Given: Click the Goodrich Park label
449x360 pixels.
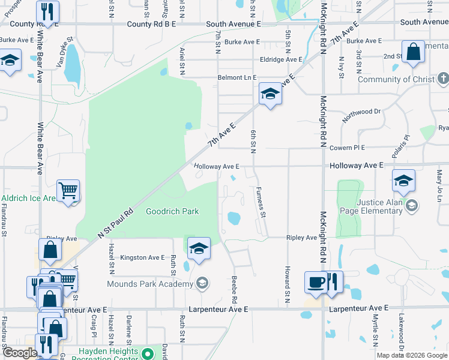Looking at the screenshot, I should click(172, 211).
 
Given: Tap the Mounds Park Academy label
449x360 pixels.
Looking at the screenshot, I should click(150, 284).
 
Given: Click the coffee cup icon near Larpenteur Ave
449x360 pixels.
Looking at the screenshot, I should click(316, 282).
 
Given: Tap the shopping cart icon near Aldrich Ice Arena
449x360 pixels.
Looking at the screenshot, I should click(68, 191).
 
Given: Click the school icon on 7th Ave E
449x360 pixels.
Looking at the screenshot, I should click(270, 94).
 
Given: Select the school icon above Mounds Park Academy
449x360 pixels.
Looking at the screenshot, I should click(199, 247).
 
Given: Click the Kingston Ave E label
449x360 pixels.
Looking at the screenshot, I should click(142, 257).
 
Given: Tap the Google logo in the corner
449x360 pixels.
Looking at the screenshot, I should click(20, 353).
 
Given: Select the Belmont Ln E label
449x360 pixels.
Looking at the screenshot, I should click(237, 78).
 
